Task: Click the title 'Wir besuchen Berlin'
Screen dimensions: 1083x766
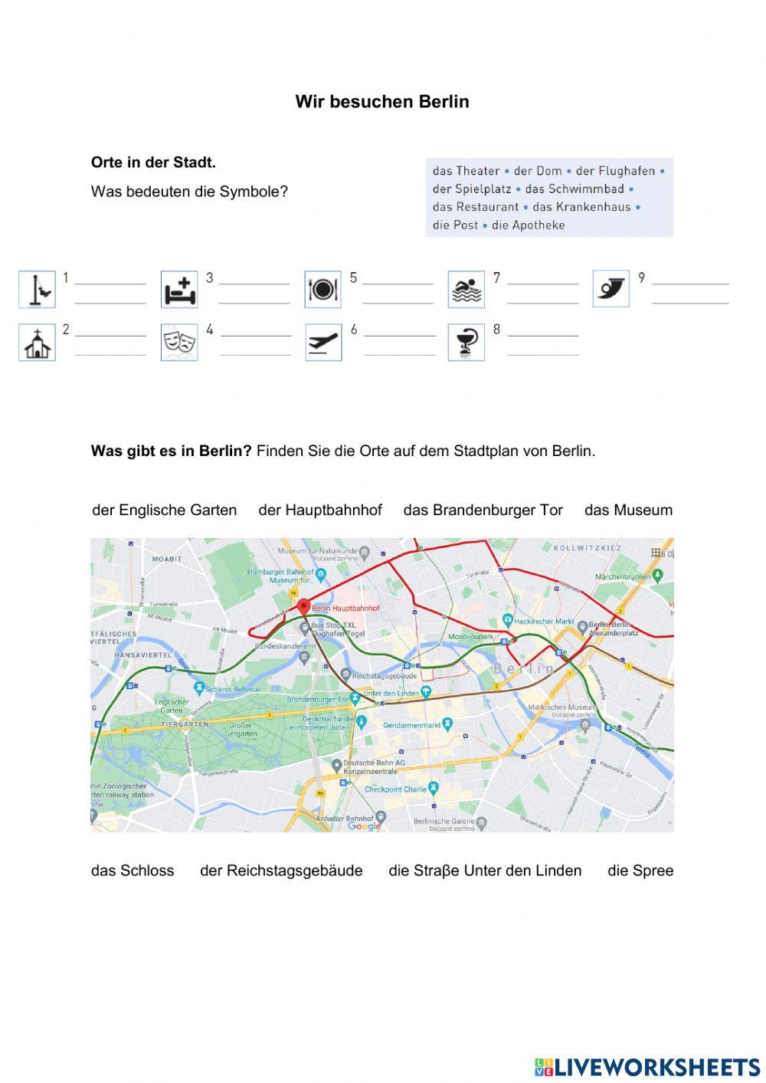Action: [381, 102]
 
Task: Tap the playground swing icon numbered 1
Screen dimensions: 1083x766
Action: [37, 290]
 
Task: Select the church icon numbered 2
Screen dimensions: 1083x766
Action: [37, 343]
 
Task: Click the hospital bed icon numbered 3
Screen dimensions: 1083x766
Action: [179, 290]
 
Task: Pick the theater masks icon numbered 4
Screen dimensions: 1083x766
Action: [179, 343]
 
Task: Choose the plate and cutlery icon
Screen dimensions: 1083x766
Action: [322, 290]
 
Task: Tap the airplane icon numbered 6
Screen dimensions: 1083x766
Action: [323, 343]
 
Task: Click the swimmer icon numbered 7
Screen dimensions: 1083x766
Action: [466, 290]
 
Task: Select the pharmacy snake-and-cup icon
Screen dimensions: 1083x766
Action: [466, 343]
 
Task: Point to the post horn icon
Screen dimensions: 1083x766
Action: [611, 289]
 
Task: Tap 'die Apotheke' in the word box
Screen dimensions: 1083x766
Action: [529, 225]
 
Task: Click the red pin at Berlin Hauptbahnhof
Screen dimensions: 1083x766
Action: [303, 605]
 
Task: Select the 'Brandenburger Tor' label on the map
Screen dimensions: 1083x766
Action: [316, 700]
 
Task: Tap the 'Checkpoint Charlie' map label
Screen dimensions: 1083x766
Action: [395, 789]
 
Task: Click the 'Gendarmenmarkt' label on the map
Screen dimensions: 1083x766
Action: [412, 724]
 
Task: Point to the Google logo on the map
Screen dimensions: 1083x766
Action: [364, 825]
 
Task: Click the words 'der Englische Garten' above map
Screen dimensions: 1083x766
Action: [164, 510]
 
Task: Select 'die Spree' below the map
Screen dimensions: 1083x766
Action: [640, 871]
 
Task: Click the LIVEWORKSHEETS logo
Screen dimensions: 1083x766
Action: [647, 1067]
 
